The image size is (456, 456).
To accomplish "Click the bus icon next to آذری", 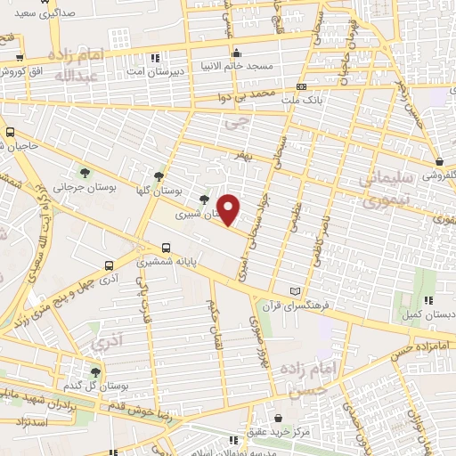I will point(109,265).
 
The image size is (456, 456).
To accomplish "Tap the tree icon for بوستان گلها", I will point(159,175).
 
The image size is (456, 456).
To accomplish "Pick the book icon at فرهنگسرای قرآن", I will point(297,291).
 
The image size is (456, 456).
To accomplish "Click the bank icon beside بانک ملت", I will point(301,87).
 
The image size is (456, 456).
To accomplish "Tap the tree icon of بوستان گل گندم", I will point(96,371).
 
